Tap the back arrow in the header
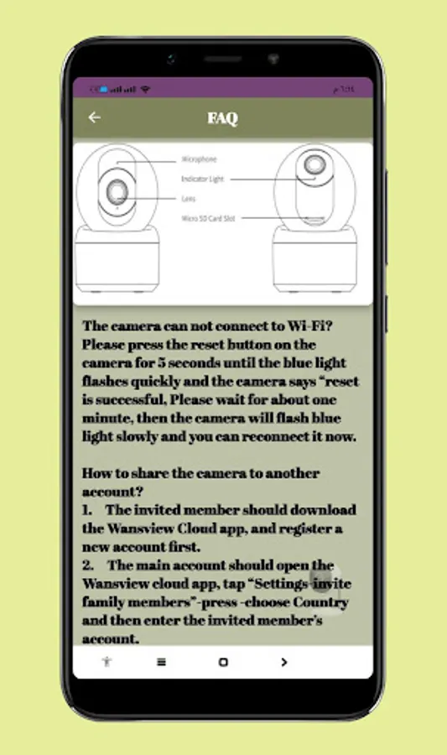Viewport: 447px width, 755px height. (x=95, y=117)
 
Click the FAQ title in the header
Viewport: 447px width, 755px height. (x=223, y=118)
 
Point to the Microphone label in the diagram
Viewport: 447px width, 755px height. (x=199, y=159)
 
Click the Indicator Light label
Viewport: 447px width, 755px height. (x=202, y=179)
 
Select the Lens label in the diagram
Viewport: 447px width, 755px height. (x=189, y=199)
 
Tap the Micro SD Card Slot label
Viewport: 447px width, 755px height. (x=208, y=218)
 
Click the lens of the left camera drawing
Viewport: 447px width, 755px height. (x=117, y=194)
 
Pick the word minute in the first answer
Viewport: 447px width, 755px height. (x=107, y=419)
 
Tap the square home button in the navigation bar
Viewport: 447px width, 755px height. (x=223, y=662)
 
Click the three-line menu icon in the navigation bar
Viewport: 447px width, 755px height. (x=161, y=662)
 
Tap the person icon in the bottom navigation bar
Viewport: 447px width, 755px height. (x=107, y=662)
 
